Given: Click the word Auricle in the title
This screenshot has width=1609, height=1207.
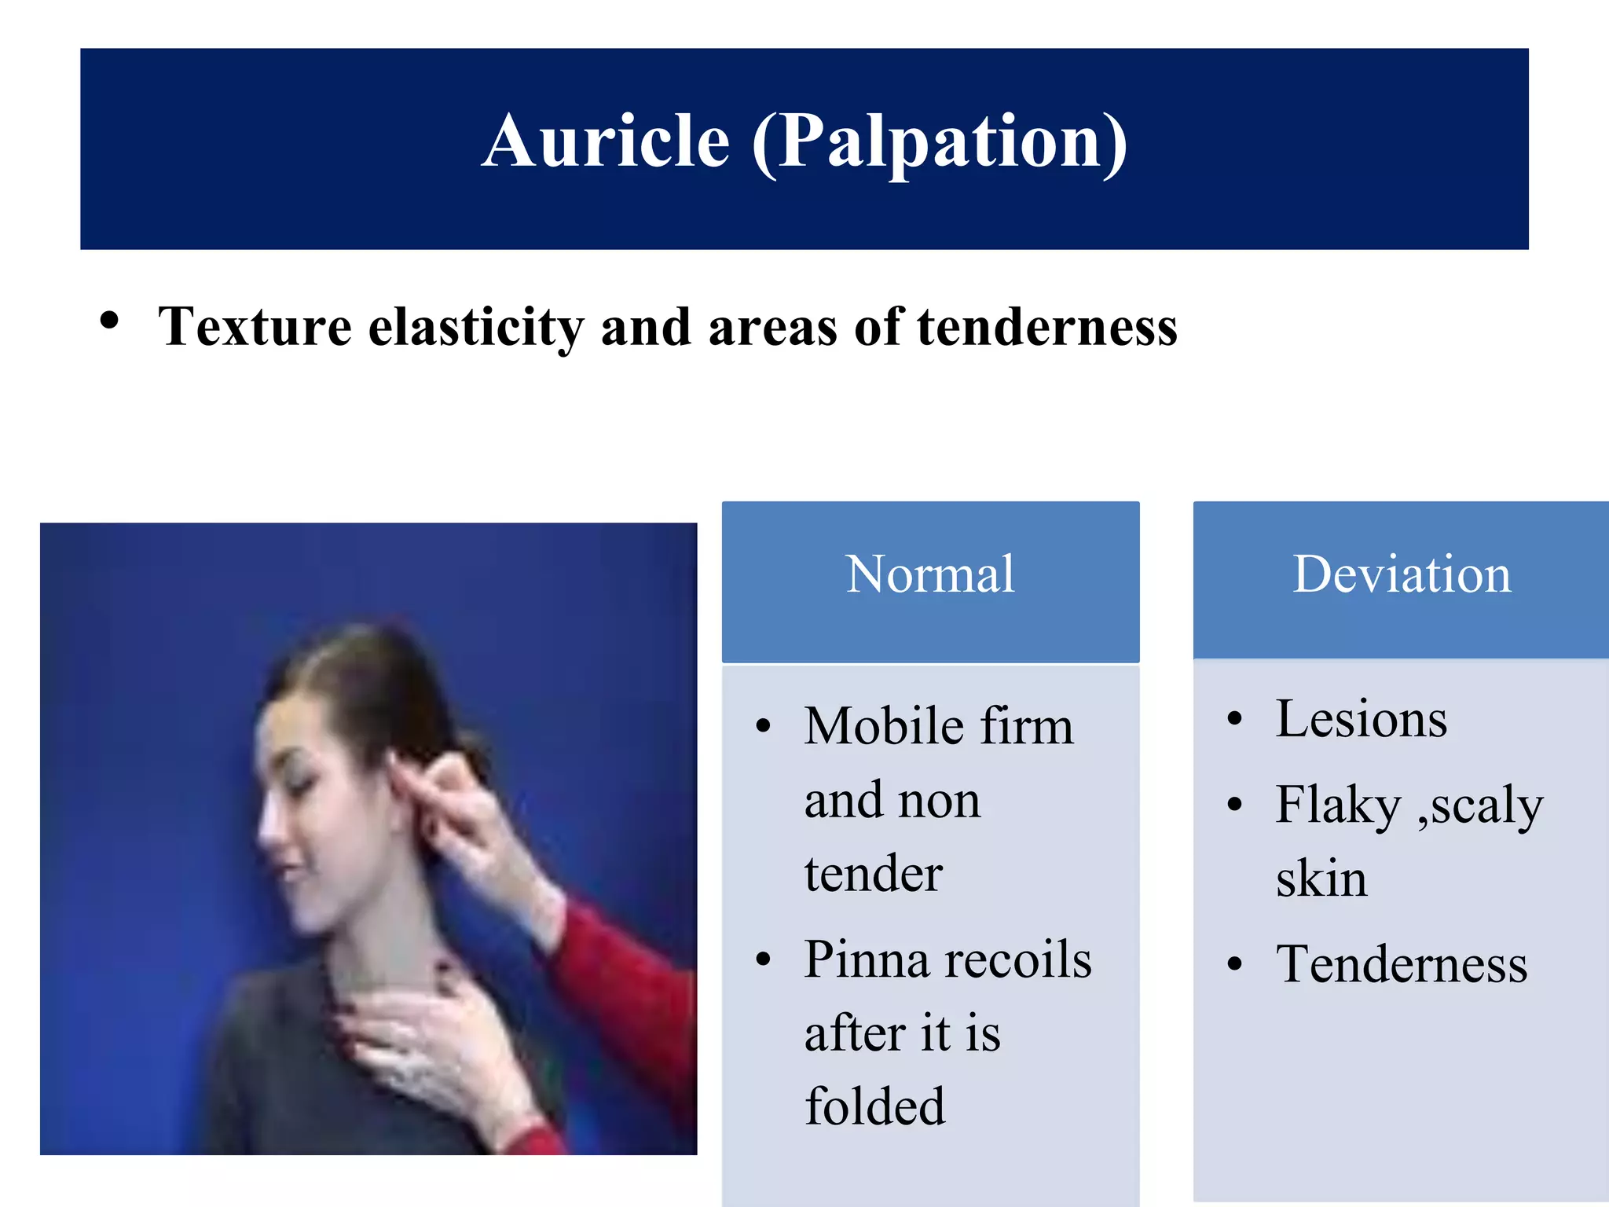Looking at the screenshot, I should point(606,141).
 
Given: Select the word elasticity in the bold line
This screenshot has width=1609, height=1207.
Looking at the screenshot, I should point(476,328).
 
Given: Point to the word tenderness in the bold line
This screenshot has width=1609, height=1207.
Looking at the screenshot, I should point(1046,326).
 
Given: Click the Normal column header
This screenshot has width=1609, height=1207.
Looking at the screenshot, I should point(930,574).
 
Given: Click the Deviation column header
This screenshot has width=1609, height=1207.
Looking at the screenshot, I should point(1402,574).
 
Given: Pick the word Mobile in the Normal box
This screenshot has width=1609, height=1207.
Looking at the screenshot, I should point(881,725).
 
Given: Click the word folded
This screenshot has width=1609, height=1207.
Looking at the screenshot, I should point(874,1106).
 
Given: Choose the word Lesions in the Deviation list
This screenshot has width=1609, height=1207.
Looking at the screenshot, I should point(1361,719).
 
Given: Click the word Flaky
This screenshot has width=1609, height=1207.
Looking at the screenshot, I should point(1339,805).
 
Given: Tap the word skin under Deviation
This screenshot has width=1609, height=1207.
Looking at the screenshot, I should point(1321,879).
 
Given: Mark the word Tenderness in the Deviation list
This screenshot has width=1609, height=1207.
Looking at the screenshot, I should point(1402,964).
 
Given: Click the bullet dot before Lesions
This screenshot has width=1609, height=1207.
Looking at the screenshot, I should point(1235,719).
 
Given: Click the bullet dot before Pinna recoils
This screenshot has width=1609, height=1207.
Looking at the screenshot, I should point(764,959).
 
